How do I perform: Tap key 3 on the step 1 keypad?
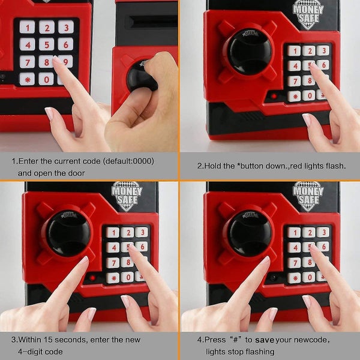tap(66, 27)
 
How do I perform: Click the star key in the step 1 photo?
tap(27, 79)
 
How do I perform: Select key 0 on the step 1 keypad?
tap(46, 79)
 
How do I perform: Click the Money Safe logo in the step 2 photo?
tap(308, 14)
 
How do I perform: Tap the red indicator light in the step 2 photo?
tap(274, 96)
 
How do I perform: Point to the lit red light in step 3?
tap(92, 278)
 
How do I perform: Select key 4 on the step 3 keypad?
tap(113, 248)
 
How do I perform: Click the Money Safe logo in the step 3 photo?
tap(127, 196)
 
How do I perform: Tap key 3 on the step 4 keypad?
tap(323, 232)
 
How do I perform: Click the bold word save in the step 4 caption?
tap(265, 340)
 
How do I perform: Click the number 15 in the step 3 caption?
tap(48, 340)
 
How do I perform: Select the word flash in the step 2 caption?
tap(335, 166)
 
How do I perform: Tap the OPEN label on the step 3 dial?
tap(68, 215)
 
